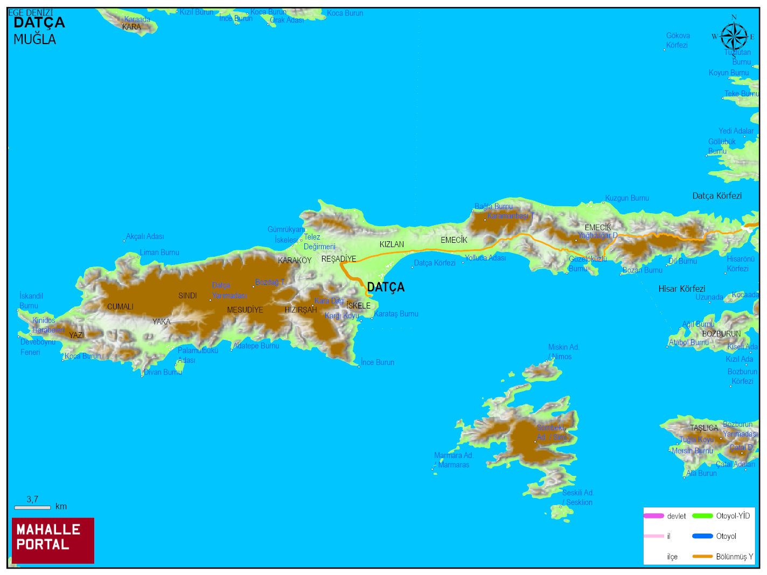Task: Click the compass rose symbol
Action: pyautogui.click(x=734, y=37)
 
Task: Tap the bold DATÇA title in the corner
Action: pyautogui.click(x=39, y=23)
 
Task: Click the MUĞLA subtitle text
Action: pyautogui.click(x=34, y=39)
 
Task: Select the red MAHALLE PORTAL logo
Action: pyautogui.click(x=53, y=540)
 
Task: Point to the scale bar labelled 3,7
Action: pyautogui.click(x=32, y=507)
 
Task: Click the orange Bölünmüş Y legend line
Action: pyautogui.click(x=702, y=556)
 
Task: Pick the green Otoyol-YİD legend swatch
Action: pyautogui.click(x=702, y=516)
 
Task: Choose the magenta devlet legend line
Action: pyautogui.click(x=653, y=516)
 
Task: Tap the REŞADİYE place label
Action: pyautogui.click(x=338, y=259)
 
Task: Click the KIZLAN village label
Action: pyautogui.click(x=392, y=244)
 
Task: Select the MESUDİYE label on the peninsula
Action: pyautogui.click(x=245, y=310)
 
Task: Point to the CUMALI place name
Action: pyautogui.click(x=120, y=307)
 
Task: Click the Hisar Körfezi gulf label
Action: pyautogui.click(x=681, y=289)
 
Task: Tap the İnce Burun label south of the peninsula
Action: pyautogui.click(x=378, y=362)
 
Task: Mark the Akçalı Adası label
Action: pyautogui.click(x=145, y=236)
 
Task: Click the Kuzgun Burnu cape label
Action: pyautogui.click(x=627, y=198)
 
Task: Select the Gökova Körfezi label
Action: pyautogui.click(x=678, y=40)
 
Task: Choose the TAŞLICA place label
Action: pyautogui.click(x=704, y=428)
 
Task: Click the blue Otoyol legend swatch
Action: pyautogui.click(x=702, y=536)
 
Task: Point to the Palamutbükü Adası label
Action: pyautogui.click(x=197, y=355)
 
